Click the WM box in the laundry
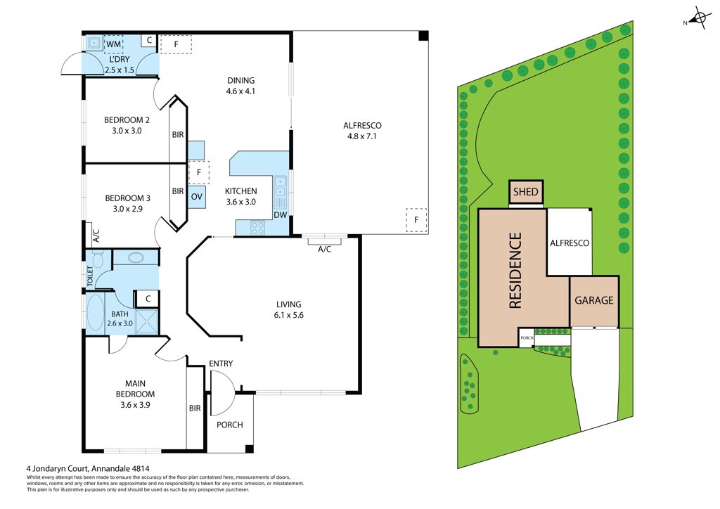tap(114, 44)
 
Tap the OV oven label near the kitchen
tap(197, 197)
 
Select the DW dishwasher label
tap(280, 216)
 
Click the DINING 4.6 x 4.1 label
tap(240, 86)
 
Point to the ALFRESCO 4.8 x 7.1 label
tap(362, 131)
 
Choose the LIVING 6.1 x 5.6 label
tap(289, 309)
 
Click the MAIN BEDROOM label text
tap(135, 389)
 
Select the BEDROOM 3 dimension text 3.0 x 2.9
tap(127, 209)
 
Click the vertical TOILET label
tap(90, 276)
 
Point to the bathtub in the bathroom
tap(95, 313)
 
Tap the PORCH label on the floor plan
tap(229, 425)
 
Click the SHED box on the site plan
tap(526, 192)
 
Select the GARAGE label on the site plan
tap(594, 300)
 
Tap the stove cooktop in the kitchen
tap(258, 227)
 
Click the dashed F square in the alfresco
tap(416, 219)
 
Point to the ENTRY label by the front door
tap(221, 363)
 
